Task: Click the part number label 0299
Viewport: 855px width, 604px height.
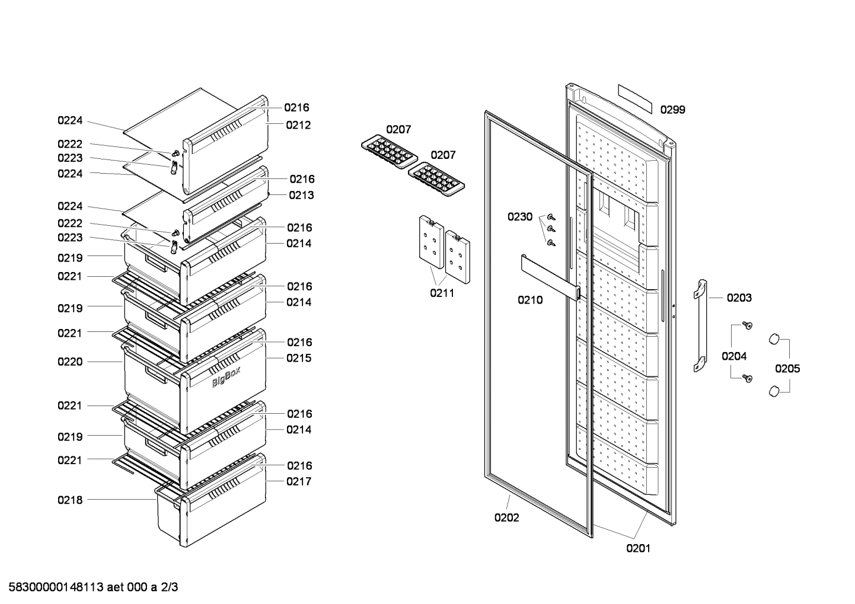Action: (x=672, y=110)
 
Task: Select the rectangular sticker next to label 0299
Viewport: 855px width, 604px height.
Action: (x=634, y=98)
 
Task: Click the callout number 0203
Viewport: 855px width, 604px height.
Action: (x=739, y=298)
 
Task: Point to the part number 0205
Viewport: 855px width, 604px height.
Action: (x=787, y=369)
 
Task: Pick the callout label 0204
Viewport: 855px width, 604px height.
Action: (x=733, y=356)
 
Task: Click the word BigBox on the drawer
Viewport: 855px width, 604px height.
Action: (x=226, y=378)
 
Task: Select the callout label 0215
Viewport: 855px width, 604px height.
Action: (x=299, y=358)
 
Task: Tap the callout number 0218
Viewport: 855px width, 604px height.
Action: (x=70, y=500)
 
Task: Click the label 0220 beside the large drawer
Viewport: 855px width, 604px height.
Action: (x=70, y=362)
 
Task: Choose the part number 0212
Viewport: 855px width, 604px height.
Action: (x=298, y=125)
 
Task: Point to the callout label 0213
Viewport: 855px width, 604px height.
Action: (x=301, y=195)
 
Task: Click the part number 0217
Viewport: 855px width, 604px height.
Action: (x=299, y=481)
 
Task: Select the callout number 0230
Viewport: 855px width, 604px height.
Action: (x=519, y=217)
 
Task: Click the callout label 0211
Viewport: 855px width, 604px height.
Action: (x=442, y=293)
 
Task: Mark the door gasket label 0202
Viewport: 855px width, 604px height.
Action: (x=506, y=517)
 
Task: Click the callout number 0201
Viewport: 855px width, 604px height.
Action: (x=638, y=548)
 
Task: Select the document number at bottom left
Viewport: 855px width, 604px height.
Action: (x=90, y=587)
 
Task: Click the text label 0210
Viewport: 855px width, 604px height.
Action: (x=530, y=300)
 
